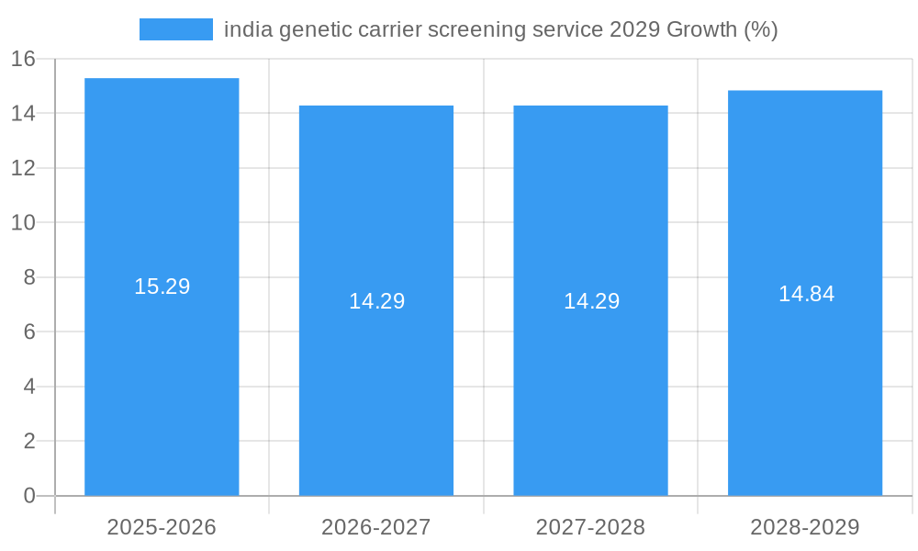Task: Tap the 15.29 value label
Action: coord(162,287)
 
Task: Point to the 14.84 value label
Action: coord(806,294)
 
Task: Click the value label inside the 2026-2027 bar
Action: coord(376,301)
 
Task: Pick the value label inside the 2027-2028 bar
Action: coord(591,301)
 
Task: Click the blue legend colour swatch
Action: coord(175,29)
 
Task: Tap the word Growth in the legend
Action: coord(700,29)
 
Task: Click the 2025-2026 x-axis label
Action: coord(162,527)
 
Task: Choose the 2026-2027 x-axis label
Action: coord(376,527)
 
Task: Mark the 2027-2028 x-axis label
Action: coord(590,527)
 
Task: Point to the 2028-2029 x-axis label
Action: coord(805,527)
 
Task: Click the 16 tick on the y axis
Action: coord(23,59)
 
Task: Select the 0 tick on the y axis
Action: coord(28,496)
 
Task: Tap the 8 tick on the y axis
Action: coord(28,277)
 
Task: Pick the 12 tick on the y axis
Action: coord(23,168)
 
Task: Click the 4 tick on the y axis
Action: coord(28,387)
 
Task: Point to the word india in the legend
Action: coord(244,29)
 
